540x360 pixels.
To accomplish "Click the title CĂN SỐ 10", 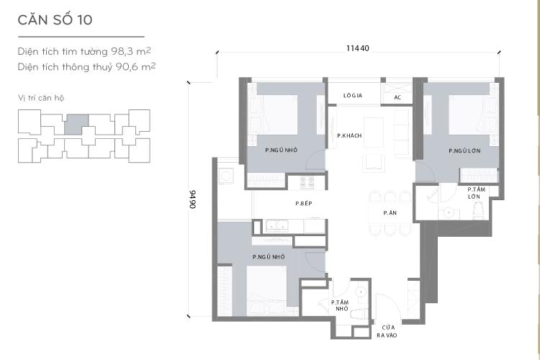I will click(55, 19).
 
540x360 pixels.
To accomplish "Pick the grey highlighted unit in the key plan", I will click(76, 123).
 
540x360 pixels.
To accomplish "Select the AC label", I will click(398, 96).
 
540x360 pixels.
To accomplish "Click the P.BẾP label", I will click(303, 204).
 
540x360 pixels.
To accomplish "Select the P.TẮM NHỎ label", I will click(341, 305).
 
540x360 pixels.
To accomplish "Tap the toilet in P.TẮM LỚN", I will click(477, 211).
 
